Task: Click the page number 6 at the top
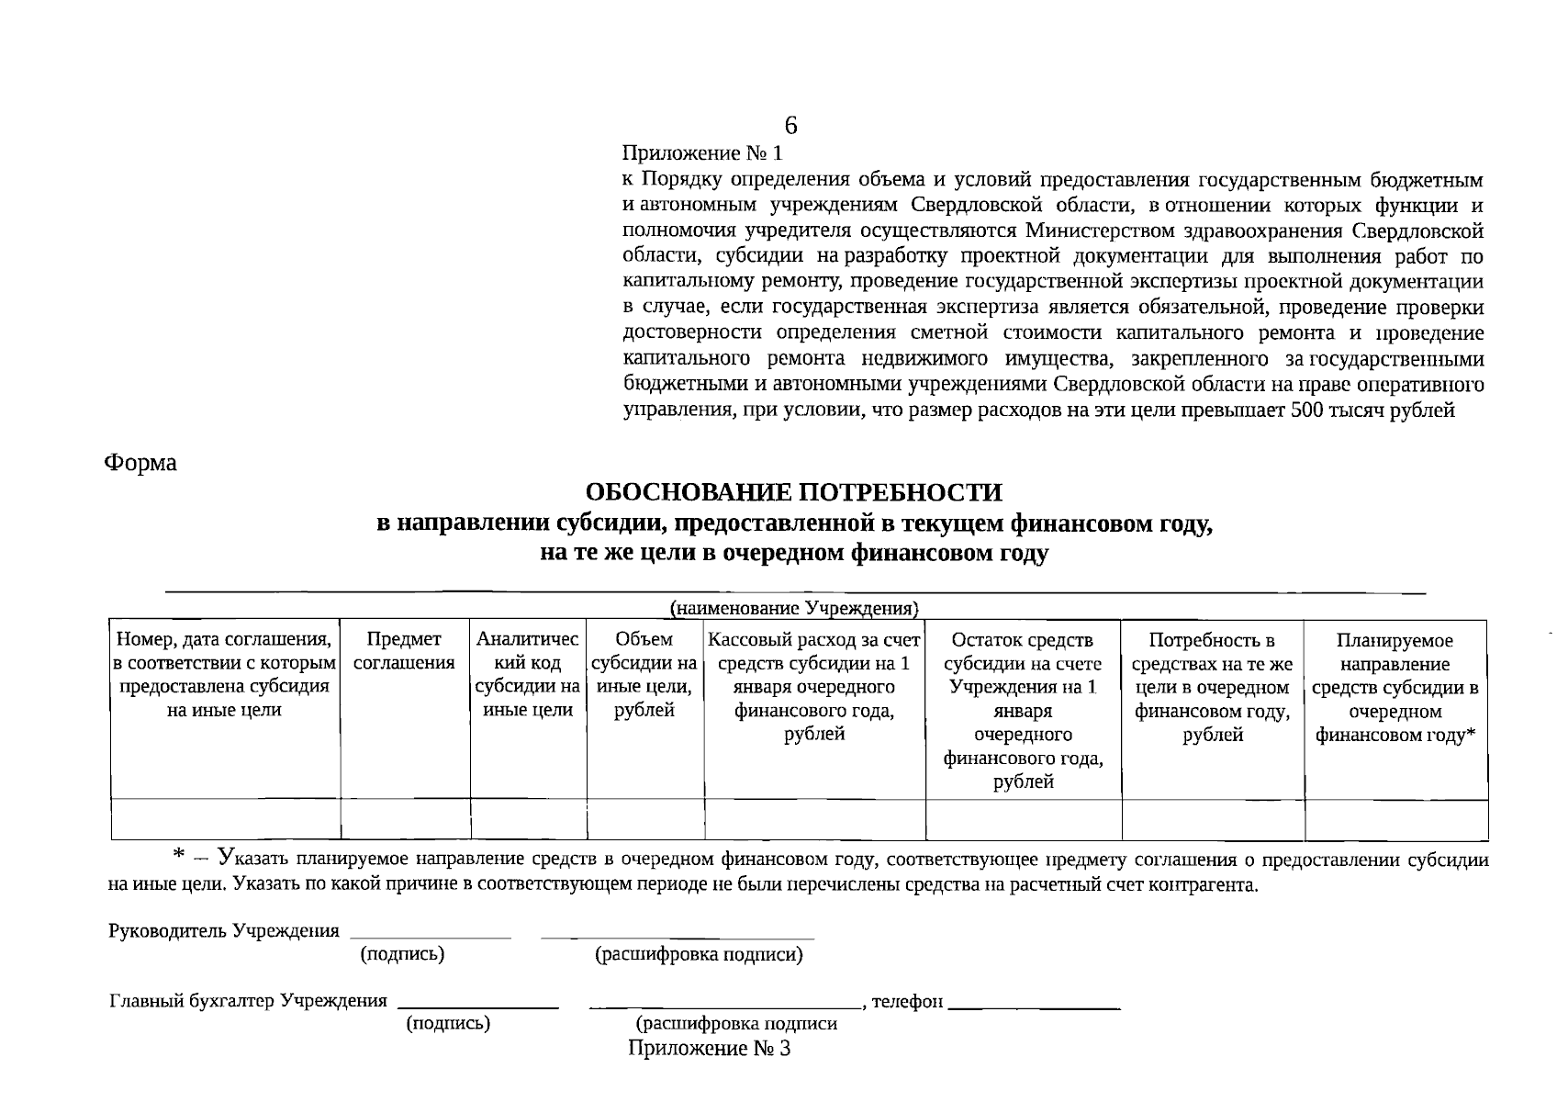click(790, 126)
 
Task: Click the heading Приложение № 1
click(704, 153)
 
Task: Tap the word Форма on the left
click(140, 463)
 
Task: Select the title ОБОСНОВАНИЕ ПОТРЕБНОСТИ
click(794, 493)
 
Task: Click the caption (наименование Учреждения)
click(795, 608)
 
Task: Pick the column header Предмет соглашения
click(404, 651)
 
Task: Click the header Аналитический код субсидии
click(528, 674)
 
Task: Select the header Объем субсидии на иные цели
click(644, 674)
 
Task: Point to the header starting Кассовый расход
click(814, 686)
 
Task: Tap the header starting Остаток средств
click(1023, 710)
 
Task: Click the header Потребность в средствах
click(1212, 686)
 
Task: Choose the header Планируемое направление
click(1395, 687)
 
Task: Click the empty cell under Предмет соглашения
click(405, 820)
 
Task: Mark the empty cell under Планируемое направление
click(1395, 820)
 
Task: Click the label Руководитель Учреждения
click(224, 931)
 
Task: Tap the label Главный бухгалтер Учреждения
click(249, 1001)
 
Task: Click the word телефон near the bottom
click(907, 1001)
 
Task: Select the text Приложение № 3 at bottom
click(709, 1049)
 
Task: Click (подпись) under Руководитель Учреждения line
click(403, 954)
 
